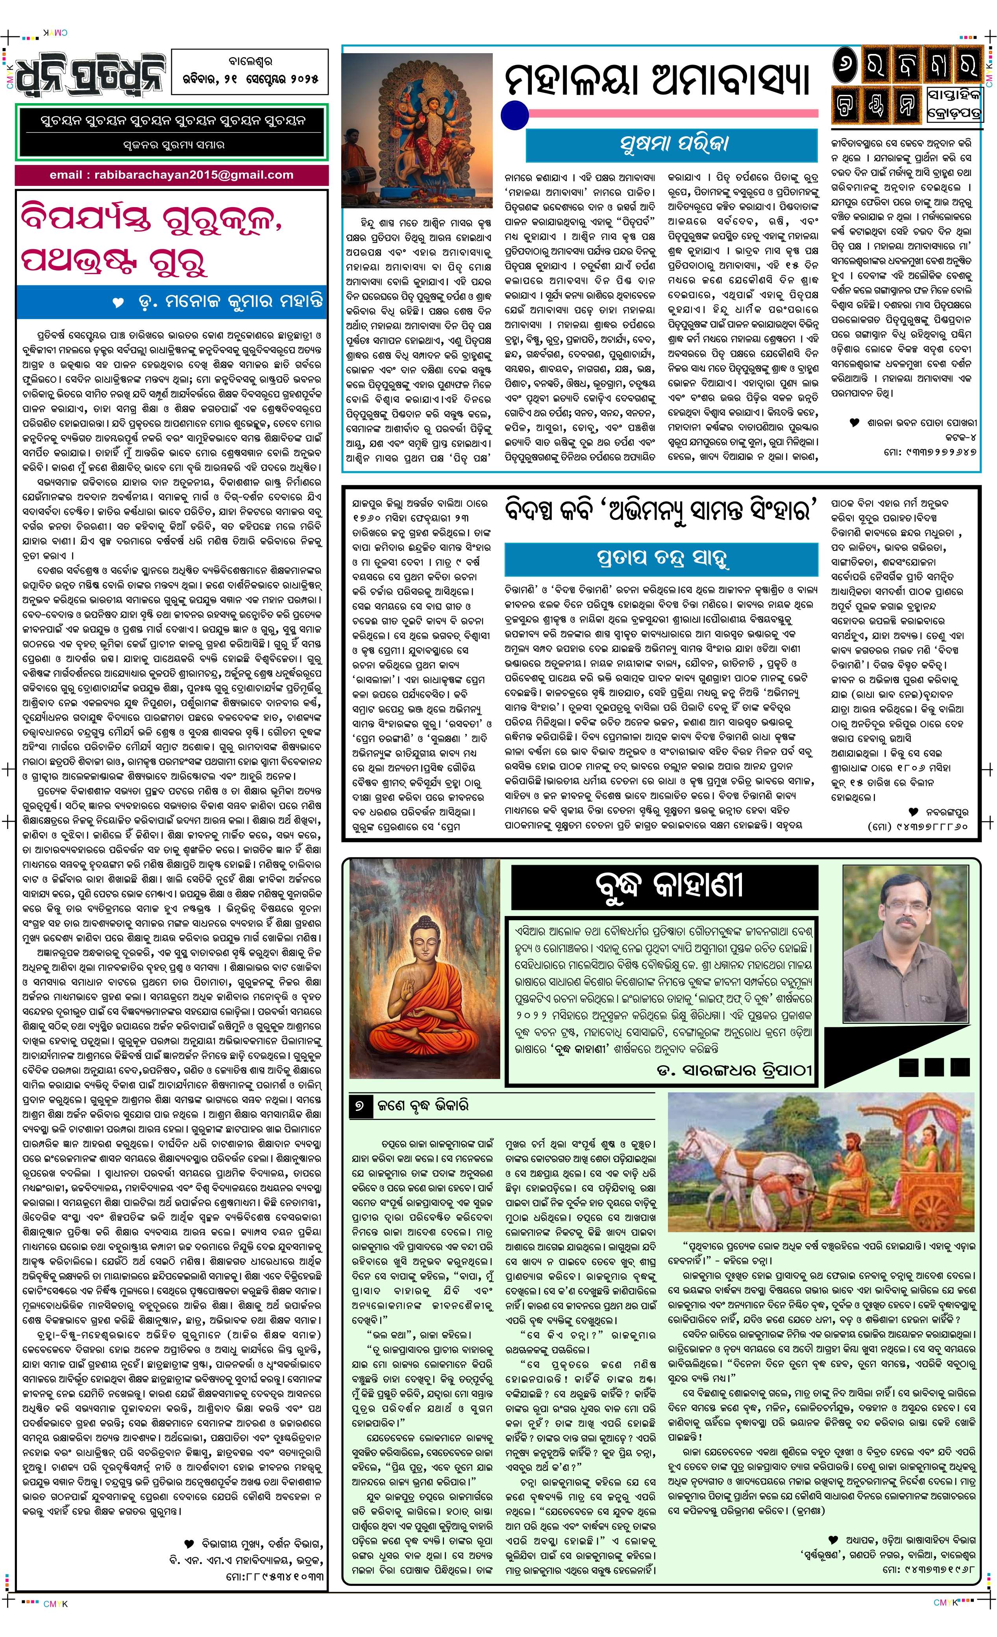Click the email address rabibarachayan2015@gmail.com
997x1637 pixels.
coord(171,175)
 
